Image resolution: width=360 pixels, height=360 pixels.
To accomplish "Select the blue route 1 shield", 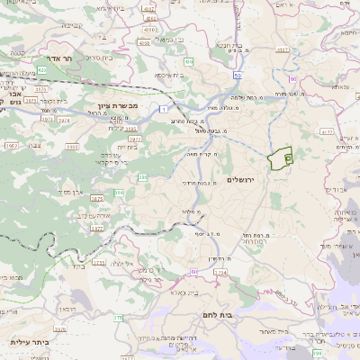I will point(164,108).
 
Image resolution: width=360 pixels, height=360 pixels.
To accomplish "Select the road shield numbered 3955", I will point(11,144).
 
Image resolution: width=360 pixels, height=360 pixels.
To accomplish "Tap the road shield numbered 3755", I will point(98,262).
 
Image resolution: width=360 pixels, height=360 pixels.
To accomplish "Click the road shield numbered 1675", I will point(97,196).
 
